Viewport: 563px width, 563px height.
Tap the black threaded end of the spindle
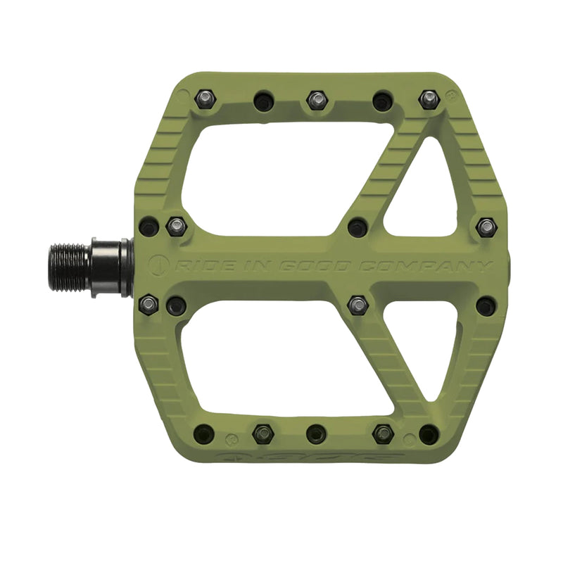click(x=69, y=267)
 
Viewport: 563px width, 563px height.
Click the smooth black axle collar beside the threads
click(x=109, y=267)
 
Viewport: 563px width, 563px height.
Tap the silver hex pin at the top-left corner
click(x=204, y=98)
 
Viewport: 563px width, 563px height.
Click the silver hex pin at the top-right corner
click(x=429, y=99)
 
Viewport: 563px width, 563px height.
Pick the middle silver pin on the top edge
click(x=317, y=100)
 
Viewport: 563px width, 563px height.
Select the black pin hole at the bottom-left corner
click(x=204, y=434)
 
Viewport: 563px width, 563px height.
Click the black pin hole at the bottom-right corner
click(x=429, y=434)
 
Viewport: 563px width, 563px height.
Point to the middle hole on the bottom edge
click(x=317, y=434)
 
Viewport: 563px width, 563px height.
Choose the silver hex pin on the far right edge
click(x=486, y=227)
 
